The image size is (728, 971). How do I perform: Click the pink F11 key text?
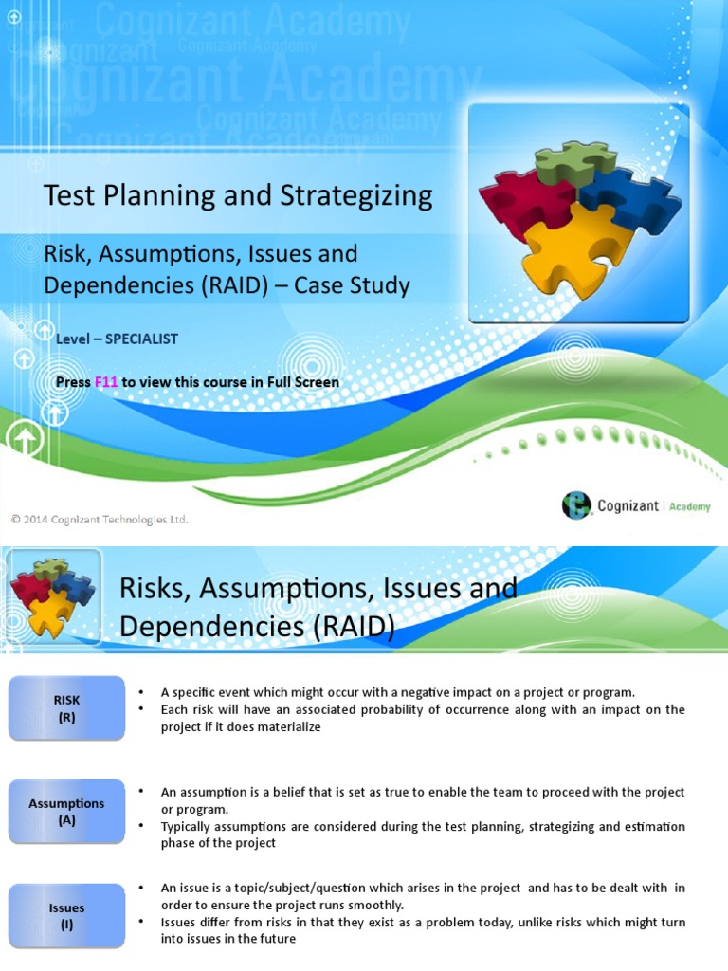(106, 382)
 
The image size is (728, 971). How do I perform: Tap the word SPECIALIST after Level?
(141, 339)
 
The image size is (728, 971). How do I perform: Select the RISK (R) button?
(66, 708)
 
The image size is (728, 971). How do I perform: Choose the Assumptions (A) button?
(66, 812)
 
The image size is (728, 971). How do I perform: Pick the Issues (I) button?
(66, 915)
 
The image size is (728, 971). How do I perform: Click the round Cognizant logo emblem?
(576, 505)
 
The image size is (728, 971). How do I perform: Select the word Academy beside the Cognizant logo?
(689, 506)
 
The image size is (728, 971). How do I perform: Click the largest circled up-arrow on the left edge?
(26, 441)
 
